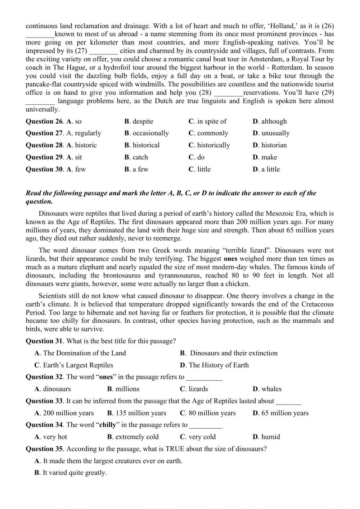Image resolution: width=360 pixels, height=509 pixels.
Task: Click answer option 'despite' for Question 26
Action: [143, 121]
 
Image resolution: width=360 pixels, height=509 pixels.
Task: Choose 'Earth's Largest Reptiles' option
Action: [78, 365]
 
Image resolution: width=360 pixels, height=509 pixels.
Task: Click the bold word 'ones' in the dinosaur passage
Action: [230, 259]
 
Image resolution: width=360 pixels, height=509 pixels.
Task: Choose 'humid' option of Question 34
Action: [270, 437]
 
